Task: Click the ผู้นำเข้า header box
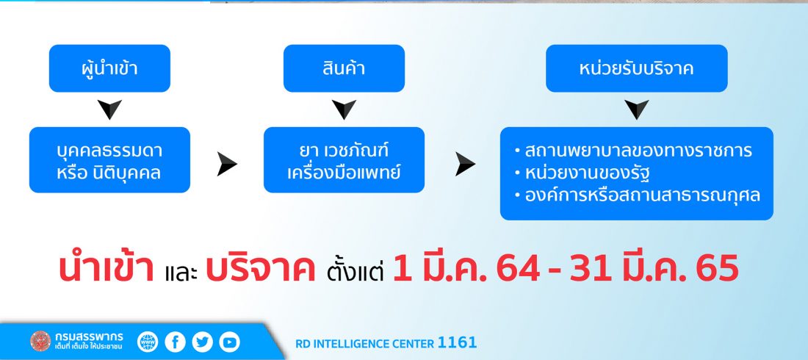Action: (x=109, y=68)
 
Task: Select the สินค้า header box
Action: (x=344, y=68)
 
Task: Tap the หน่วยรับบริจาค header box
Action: (x=636, y=68)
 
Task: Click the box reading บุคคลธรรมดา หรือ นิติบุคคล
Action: (x=109, y=160)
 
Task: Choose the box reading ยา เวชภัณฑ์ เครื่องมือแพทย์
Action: (x=344, y=160)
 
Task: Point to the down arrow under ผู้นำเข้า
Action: (x=109, y=108)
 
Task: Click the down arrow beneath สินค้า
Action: (x=344, y=108)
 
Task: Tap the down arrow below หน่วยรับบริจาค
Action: (x=636, y=108)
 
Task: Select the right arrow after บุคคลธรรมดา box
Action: (x=226, y=164)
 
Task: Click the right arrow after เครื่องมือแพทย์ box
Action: (x=464, y=164)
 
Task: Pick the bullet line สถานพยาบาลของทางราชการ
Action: (x=633, y=151)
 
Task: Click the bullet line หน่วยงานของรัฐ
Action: (x=581, y=173)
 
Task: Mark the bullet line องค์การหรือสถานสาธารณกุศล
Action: (x=638, y=195)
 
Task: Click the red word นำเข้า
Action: (x=107, y=268)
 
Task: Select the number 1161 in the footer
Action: (x=457, y=342)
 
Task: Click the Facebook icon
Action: (x=176, y=342)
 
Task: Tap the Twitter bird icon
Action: (x=202, y=342)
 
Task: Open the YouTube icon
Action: (x=229, y=342)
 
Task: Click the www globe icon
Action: (x=148, y=342)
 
